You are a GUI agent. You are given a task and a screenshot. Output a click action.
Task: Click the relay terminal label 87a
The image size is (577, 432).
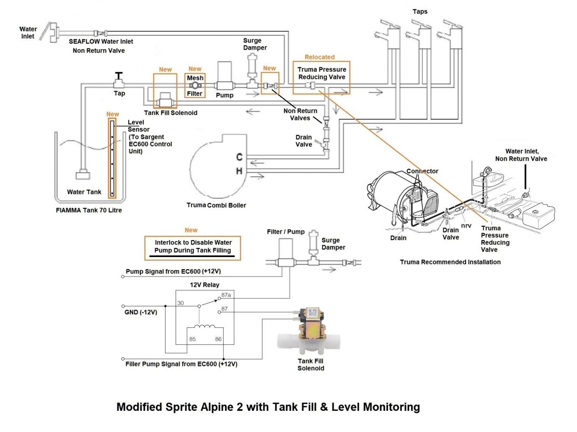[x=226, y=295]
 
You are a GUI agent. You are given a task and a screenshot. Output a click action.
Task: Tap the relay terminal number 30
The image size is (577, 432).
[x=180, y=303]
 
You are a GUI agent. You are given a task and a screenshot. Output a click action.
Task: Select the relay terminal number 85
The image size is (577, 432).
[x=192, y=339]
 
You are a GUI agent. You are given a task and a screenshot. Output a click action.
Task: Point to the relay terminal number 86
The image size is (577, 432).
[x=218, y=339]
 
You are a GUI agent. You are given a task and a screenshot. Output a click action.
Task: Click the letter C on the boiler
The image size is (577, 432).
[x=240, y=157]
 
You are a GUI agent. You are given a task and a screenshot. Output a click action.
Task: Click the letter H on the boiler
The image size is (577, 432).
[x=239, y=171]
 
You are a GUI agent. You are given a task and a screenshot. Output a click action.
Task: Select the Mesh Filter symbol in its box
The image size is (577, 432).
[x=195, y=86]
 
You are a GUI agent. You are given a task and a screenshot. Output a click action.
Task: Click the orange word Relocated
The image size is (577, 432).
[x=319, y=57]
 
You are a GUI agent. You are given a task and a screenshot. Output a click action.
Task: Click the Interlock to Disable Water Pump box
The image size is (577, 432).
[x=192, y=247]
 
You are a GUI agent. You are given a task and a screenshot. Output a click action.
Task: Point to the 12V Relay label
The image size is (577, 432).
[x=205, y=285]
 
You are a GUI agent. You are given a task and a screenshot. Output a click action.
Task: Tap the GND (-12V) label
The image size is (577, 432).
[x=141, y=312]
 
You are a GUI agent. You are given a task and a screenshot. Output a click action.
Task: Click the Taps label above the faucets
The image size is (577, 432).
[x=420, y=12]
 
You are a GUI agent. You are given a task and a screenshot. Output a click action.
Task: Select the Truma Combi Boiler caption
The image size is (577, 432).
[x=216, y=205]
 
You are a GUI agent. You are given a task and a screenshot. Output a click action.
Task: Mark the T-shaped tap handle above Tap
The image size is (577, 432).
[x=119, y=76]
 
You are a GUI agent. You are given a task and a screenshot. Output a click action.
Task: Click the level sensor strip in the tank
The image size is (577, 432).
[x=112, y=158]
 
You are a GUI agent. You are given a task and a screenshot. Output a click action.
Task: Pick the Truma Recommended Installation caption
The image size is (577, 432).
[x=450, y=262]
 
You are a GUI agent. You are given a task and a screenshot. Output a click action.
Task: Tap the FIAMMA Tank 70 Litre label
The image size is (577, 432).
[x=89, y=210]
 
